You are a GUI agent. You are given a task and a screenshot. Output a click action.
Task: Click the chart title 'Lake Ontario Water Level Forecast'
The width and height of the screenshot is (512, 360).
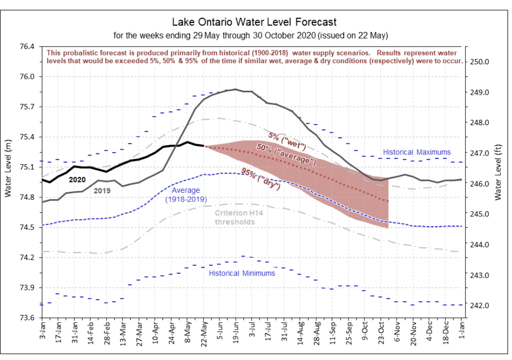pos(254,22)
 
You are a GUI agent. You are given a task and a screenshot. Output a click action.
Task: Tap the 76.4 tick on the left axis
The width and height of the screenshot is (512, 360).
pos(27,46)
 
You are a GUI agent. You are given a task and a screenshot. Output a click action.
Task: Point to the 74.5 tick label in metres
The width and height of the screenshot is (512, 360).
pos(27,227)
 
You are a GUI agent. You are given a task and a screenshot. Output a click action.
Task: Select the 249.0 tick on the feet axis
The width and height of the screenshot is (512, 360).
pos(479,92)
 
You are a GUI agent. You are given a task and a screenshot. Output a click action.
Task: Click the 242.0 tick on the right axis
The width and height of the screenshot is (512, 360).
pos(479,306)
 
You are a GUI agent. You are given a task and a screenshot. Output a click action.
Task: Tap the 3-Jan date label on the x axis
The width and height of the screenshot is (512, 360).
pos(42,330)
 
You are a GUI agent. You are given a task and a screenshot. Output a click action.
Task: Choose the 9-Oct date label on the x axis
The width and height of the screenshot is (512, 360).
pos(365,331)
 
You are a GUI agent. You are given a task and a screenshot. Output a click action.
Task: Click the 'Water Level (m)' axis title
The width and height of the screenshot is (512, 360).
pos(8,168)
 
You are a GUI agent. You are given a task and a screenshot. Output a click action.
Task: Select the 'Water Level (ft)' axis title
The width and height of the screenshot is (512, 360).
pos(498,172)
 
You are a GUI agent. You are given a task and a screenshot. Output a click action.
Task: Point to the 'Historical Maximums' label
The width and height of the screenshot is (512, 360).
pos(417,152)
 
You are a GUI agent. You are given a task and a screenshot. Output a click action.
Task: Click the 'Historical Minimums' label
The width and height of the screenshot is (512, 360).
pos(242,273)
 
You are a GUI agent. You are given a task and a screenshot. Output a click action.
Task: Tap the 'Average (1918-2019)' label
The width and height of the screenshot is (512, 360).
pos(186,195)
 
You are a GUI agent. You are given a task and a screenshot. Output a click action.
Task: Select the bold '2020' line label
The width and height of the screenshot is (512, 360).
pos(77,180)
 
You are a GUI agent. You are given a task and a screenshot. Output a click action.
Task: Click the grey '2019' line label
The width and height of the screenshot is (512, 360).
pos(102,191)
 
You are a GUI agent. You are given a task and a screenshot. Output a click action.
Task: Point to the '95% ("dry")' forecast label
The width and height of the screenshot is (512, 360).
pos(261,179)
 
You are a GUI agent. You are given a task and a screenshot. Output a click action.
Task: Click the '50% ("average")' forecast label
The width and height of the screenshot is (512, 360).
pos(286,154)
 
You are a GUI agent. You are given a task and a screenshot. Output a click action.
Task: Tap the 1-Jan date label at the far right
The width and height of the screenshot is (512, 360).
pos(461,330)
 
